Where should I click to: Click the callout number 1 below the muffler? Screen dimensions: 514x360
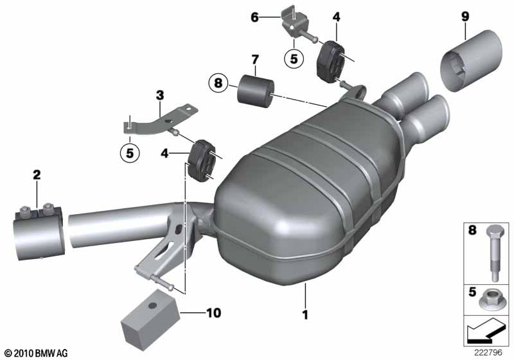pos(305,315)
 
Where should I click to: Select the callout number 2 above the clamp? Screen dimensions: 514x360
pos(37,175)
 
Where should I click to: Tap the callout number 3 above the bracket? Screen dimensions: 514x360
pos(159,96)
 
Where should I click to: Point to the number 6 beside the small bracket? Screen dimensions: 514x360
pos(254,17)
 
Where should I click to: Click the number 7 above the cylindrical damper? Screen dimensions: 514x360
pos(255,60)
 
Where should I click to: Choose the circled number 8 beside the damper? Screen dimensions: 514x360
pos(218,83)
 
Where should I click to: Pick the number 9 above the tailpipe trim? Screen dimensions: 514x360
pos(465,17)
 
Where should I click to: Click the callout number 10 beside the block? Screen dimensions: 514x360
pos(214,313)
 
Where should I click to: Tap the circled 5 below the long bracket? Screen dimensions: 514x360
pos(130,153)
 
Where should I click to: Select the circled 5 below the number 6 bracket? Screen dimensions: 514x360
pos(294,59)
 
